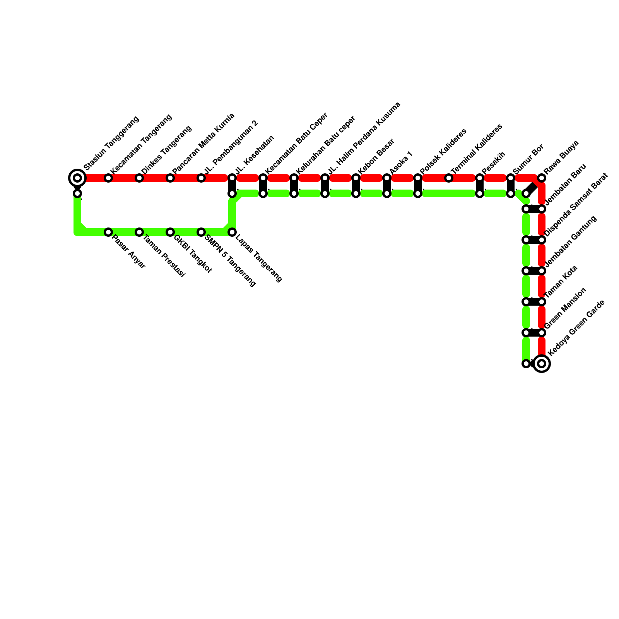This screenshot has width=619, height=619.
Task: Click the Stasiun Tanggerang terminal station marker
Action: [77, 178]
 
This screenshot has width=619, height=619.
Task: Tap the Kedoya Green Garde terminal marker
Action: [542, 364]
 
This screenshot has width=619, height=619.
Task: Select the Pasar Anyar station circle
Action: [108, 232]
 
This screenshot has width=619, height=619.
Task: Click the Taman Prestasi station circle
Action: [139, 232]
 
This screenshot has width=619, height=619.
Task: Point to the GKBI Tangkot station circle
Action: [170, 232]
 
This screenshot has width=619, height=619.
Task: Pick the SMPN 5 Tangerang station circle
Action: [201, 232]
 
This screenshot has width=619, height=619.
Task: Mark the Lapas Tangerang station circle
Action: [232, 232]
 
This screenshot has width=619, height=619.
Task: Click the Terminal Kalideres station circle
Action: [449, 178]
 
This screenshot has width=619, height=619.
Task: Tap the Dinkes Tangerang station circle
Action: [139, 178]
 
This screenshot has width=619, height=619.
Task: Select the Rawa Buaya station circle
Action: [542, 178]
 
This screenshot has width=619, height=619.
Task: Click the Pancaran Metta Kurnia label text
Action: [203, 144]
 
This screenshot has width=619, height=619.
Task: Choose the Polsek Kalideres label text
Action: [443, 151]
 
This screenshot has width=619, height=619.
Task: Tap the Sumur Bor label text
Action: [528, 159]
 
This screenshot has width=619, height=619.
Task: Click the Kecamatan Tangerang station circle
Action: [108, 178]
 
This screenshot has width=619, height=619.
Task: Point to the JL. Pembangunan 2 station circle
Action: [201, 178]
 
